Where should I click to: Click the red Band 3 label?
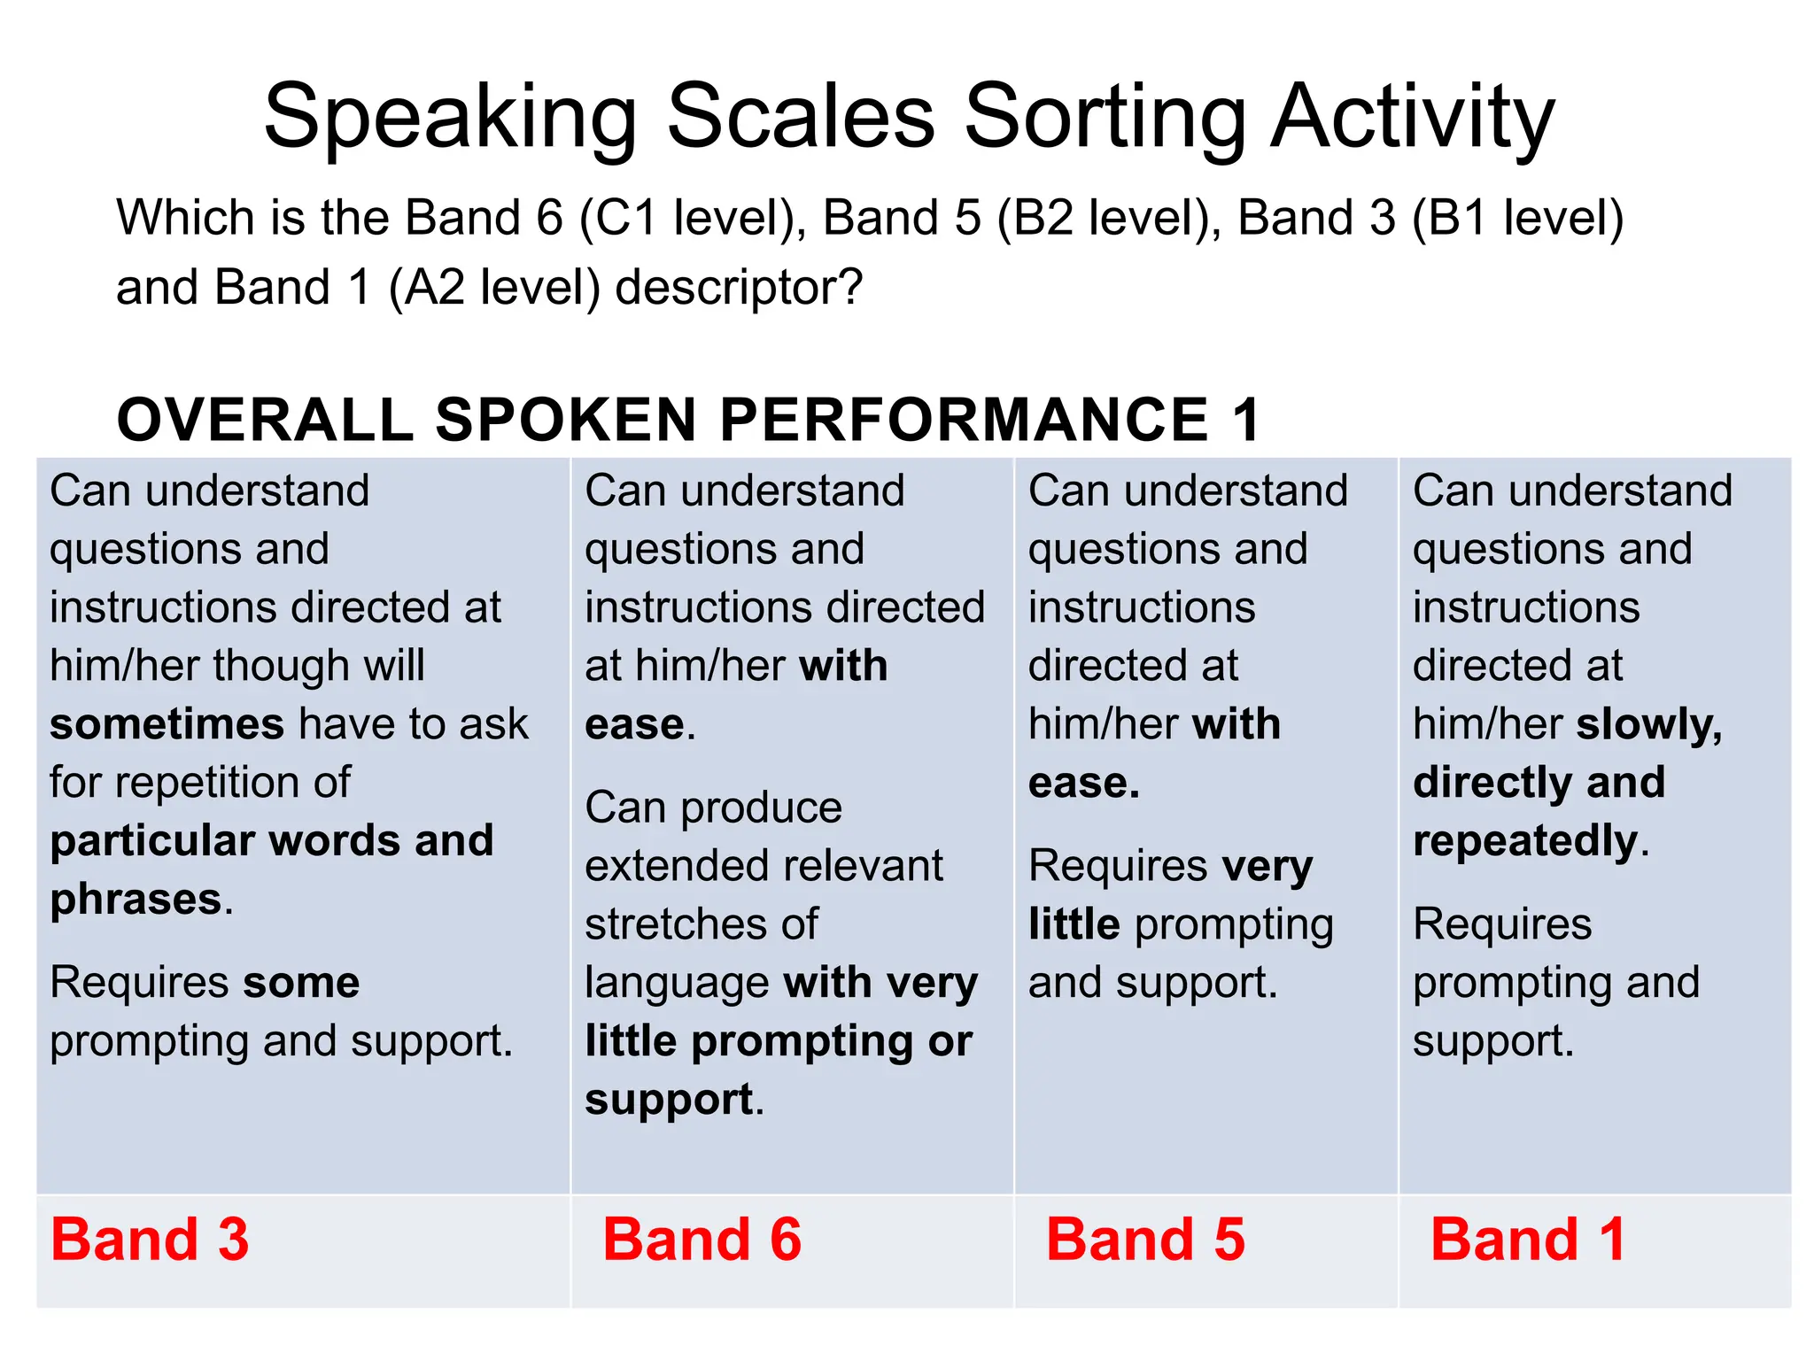pyautogui.click(x=150, y=1240)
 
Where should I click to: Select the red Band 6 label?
pyautogui.click(x=702, y=1240)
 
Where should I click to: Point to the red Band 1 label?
pyautogui.click(x=1528, y=1240)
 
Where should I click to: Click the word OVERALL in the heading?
pyautogui.click(x=265, y=420)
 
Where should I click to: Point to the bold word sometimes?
pyautogui.click(x=167, y=724)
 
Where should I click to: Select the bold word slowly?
pyautogui.click(x=1648, y=725)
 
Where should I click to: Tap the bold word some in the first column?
pyautogui.click(x=301, y=982)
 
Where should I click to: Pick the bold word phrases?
pyautogui.click(x=136, y=900)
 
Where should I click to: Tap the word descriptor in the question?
pyautogui.click(x=738, y=288)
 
